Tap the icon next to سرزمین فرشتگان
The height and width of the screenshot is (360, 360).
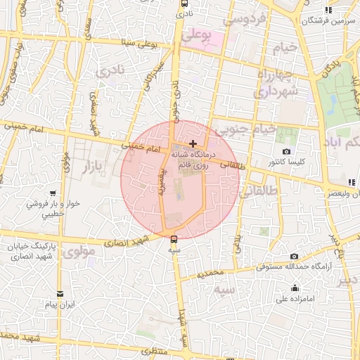click(328, 10)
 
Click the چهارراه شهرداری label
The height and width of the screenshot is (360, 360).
click(277, 83)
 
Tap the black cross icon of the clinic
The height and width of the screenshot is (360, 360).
click(193, 143)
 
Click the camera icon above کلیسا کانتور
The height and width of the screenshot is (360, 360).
click(286, 152)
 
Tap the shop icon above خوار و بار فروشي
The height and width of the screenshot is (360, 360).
click(53, 193)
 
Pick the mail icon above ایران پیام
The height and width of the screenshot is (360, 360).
click(60, 294)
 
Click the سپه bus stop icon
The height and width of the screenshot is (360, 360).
click(174, 240)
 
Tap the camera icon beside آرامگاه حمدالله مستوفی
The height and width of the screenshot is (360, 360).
click(294, 257)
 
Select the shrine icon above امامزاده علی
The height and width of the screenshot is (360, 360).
click(295, 288)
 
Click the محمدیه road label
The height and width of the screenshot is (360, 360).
click(210, 271)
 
